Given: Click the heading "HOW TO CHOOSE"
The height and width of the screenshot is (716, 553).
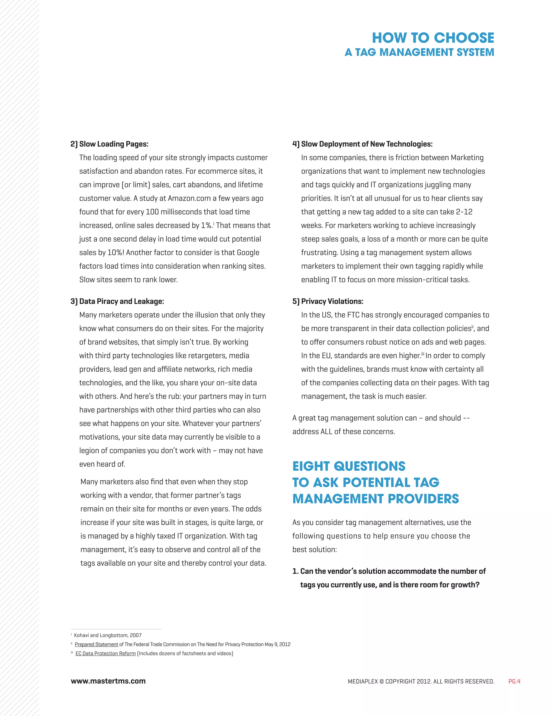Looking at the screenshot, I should [433, 38].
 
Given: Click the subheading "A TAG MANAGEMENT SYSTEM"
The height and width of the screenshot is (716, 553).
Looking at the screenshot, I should [419, 52].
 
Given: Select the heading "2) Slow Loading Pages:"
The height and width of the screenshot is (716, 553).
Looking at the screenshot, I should [109, 144].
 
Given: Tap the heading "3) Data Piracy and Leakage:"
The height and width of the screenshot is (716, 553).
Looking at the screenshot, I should [117, 301].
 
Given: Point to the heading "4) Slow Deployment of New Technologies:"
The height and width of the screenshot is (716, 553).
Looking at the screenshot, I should [362, 144].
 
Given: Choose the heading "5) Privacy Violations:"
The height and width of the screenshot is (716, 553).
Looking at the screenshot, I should [328, 301].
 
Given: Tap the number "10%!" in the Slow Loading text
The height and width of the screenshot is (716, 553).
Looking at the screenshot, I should [116, 253].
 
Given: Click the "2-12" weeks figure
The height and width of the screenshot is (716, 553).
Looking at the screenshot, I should [464, 212].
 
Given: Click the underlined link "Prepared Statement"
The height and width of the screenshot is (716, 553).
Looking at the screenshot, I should [96, 644].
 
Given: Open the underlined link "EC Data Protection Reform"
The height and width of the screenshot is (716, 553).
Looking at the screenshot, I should [106, 653].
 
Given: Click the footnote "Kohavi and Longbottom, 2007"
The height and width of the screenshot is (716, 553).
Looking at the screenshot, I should [108, 635].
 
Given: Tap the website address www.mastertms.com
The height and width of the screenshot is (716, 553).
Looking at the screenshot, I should [108, 681].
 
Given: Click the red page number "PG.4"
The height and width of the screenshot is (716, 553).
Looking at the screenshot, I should [514, 681].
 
